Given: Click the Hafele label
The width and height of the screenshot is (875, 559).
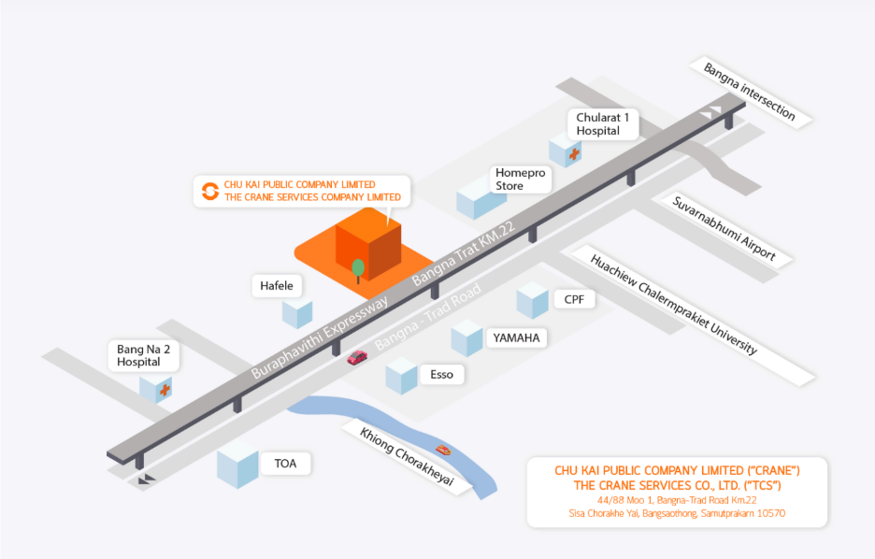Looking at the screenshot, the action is click(x=277, y=286).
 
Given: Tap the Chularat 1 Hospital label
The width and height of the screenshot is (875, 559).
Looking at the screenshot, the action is click(x=603, y=123).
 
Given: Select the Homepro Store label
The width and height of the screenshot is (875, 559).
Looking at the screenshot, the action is click(x=520, y=179).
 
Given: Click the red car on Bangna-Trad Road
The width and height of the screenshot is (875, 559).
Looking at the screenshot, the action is click(x=357, y=357).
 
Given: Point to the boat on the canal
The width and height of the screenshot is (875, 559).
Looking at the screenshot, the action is click(x=443, y=449).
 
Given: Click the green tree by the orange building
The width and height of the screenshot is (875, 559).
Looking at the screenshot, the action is click(x=358, y=270).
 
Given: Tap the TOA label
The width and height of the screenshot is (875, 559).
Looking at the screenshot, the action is click(x=285, y=464).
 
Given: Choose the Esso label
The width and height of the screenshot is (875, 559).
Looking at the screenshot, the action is click(x=441, y=374).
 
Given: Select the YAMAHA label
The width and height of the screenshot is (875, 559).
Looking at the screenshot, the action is click(x=516, y=338).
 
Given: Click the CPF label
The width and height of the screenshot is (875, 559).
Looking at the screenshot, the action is click(x=574, y=299).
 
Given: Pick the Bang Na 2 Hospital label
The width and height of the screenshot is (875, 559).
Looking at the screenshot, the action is click(x=143, y=355).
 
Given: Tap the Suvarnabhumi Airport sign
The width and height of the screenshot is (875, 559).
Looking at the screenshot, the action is click(x=724, y=229).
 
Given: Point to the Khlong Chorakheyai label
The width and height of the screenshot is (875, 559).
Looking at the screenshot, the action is click(x=407, y=457).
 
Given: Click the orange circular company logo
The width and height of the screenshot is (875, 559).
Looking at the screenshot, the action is click(x=210, y=191).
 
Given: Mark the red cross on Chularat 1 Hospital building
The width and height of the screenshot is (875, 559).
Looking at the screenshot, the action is click(x=574, y=153).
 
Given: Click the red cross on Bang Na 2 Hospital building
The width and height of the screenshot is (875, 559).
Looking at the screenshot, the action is click(x=165, y=390).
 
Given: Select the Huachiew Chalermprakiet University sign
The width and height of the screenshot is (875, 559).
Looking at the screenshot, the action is click(x=674, y=305).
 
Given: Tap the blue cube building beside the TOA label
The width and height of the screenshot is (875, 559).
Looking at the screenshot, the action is click(x=237, y=466).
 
